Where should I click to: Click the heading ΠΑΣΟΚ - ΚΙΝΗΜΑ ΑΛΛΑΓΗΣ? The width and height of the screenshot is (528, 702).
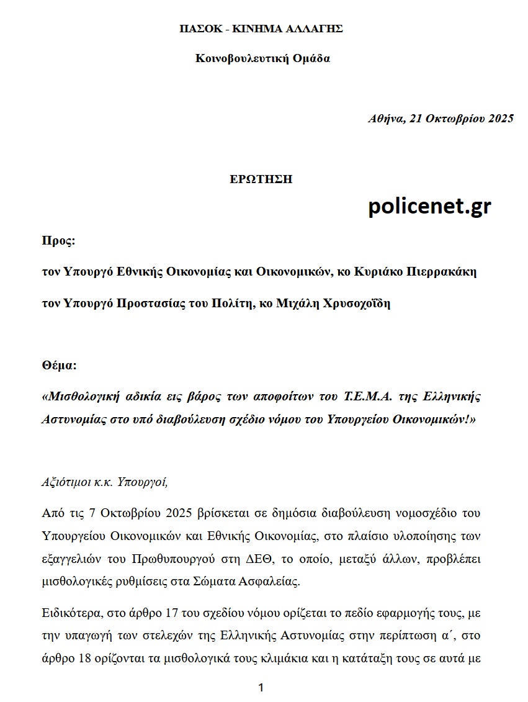(261, 29)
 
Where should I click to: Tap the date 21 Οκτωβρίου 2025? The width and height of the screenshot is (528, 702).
(461, 119)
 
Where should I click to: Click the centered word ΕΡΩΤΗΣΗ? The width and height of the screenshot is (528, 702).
(261, 179)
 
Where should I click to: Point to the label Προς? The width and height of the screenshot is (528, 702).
(58, 241)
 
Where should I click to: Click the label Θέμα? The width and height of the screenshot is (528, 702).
(59, 365)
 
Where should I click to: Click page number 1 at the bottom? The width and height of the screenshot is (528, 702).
(261, 687)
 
